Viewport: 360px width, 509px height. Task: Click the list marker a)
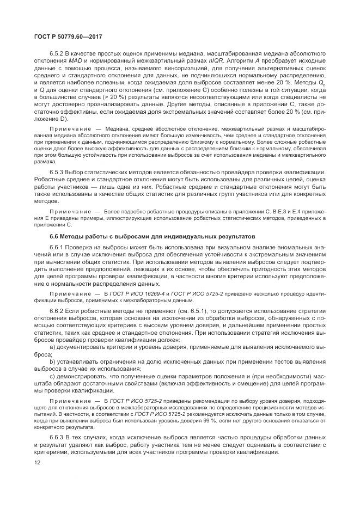(52, 346)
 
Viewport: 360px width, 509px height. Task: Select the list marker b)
(52, 361)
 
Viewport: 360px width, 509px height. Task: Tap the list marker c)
(52, 376)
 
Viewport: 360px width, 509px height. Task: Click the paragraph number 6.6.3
(57, 438)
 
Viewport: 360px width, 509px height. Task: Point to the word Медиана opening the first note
(117, 128)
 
